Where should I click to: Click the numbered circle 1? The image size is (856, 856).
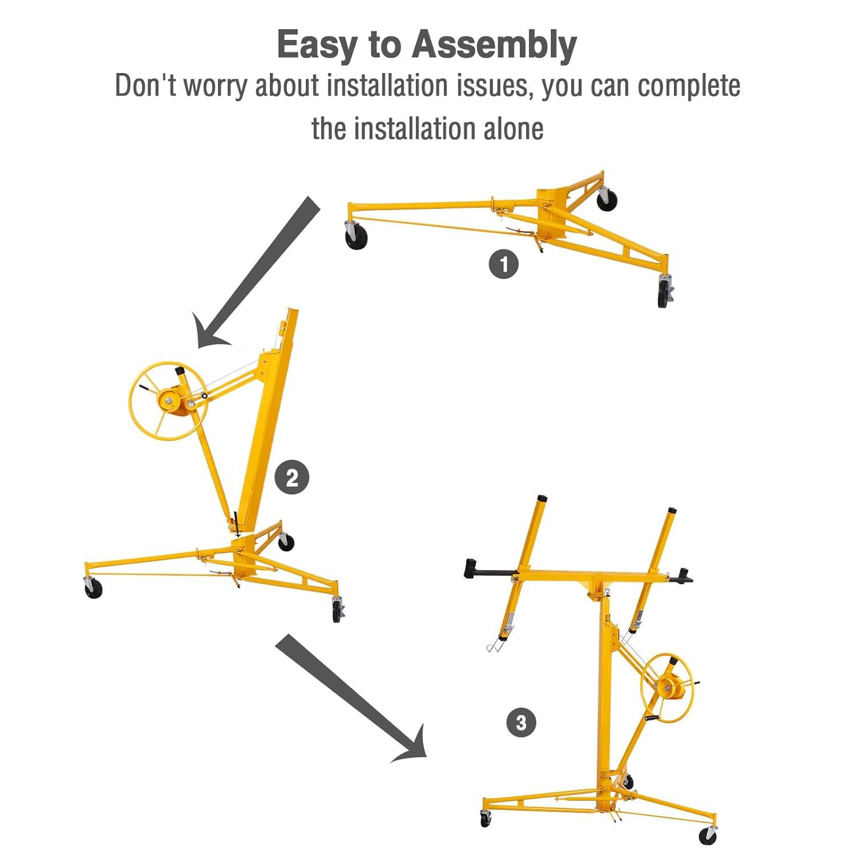pyautogui.click(x=503, y=265)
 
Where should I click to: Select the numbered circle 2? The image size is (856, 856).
pyautogui.click(x=292, y=478)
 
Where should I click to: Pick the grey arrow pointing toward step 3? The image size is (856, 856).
pyautogui.click(x=351, y=699)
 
